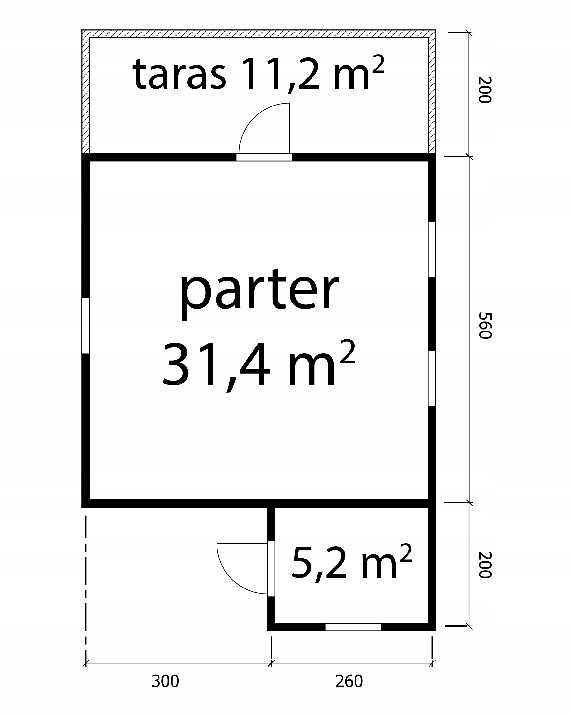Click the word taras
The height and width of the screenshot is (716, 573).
click(x=180, y=74)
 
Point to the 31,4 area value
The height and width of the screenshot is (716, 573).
click(x=216, y=367)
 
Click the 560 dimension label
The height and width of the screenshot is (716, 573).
click(x=485, y=325)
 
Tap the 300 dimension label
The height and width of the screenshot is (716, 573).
click(x=165, y=681)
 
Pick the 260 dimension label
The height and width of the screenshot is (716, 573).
click(x=349, y=681)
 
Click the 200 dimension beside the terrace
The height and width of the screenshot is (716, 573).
click(x=485, y=90)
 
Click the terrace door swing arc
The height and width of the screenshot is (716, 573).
click(x=254, y=119)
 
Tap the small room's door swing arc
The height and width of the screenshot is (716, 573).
click(x=232, y=579)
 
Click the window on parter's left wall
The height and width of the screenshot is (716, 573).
click(x=86, y=325)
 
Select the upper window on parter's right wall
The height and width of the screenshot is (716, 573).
click(x=431, y=249)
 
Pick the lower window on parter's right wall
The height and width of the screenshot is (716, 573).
click(x=431, y=378)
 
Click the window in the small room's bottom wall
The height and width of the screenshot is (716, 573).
click(x=353, y=627)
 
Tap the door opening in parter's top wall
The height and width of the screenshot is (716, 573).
click(x=264, y=157)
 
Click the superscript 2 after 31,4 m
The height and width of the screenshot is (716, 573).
click(x=347, y=352)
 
